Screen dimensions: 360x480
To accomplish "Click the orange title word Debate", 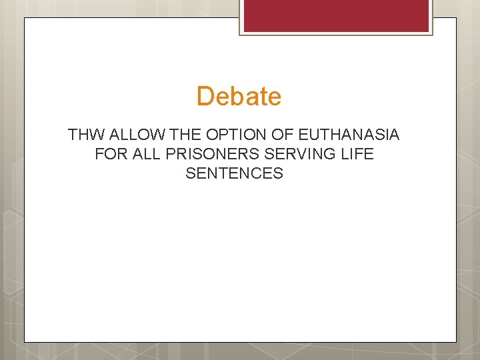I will pos(239,97).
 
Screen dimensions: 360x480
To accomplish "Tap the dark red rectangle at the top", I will pos(336,15).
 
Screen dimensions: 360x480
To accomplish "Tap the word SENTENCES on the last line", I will pos(235,174).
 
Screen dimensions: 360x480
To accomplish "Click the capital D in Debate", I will pos(205,97).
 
